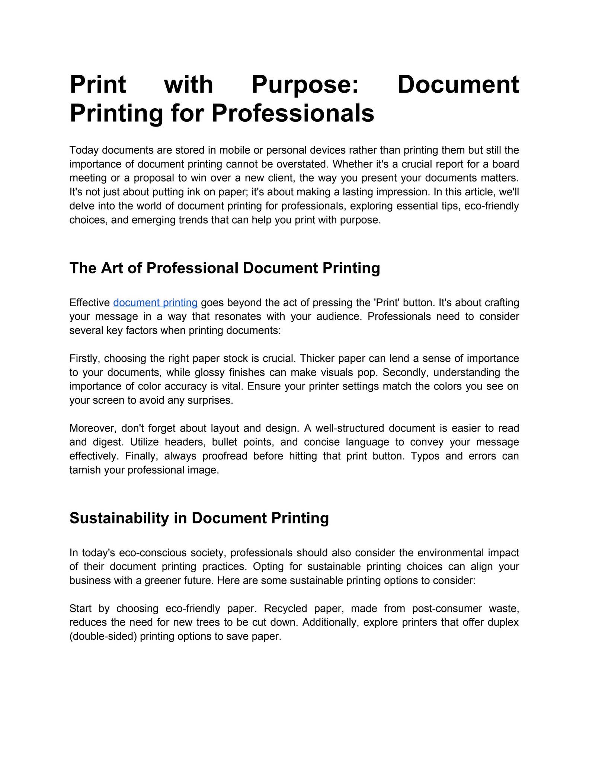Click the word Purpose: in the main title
305,85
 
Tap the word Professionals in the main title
293,113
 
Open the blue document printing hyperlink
155,303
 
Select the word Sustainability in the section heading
119,518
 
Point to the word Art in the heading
112,268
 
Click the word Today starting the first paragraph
84,150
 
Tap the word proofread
224,456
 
